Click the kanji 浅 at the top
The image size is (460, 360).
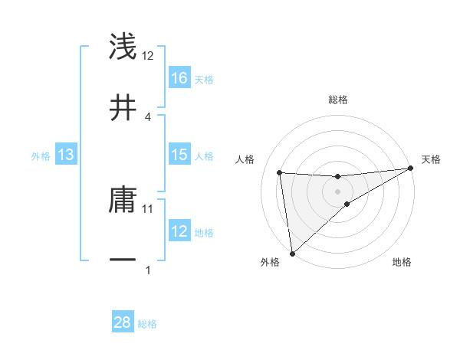[x=123, y=47]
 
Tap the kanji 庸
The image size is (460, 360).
[x=123, y=201]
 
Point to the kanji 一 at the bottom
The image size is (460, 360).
[x=123, y=260]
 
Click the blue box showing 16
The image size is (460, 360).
[x=179, y=78]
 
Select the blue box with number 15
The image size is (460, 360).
[x=179, y=155]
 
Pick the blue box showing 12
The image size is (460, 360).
[x=179, y=231]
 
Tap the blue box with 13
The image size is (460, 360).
[x=66, y=155]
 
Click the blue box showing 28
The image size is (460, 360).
[x=123, y=322]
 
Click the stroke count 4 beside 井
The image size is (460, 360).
[x=148, y=116]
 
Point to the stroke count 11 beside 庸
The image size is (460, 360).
[x=148, y=208]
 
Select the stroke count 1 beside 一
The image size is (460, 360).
[x=148, y=270]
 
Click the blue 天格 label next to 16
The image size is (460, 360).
[x=204, y=79]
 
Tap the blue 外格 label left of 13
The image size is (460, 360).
[x=41, y=156]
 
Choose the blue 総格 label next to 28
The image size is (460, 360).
[x=147, y=324]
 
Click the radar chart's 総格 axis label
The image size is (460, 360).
[x=338, y=100]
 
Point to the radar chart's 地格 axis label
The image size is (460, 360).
[x=402, y=263]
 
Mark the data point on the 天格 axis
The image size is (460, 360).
[x=410, y=169]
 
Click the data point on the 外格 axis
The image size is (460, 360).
[x=292, y=254]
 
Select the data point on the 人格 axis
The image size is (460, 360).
[x=280, y=172]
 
